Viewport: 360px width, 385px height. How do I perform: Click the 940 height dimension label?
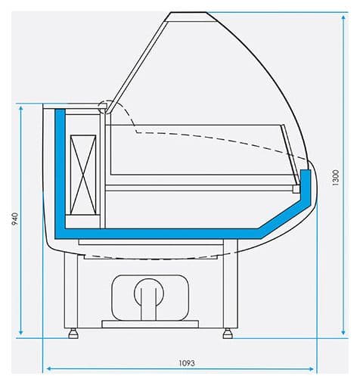(14, 219)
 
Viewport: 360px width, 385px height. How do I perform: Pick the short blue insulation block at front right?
(306, 182)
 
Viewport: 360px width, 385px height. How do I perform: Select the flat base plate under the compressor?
(150, 324)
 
